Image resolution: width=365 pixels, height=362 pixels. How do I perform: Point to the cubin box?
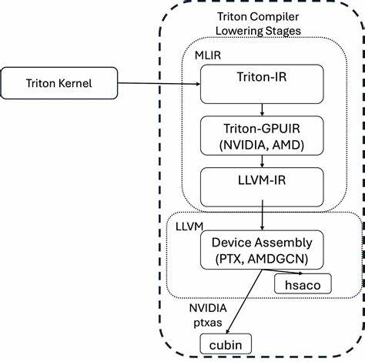click(225, 344)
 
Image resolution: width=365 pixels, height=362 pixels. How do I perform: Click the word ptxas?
click(206, 319)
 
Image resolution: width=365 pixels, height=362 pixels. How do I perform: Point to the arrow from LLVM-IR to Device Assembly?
click(264, 216)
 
